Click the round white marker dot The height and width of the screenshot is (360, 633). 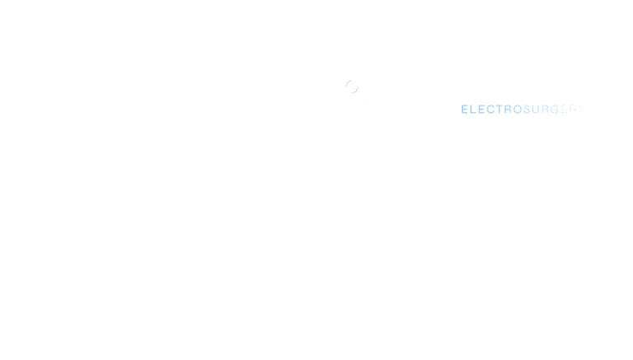[352, 86]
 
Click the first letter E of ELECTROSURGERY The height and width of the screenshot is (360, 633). [465, 109]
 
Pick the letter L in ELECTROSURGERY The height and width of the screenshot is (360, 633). [473, 109]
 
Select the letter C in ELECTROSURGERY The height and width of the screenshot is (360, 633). [490, 109]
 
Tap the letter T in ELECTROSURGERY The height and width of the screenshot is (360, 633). [499, 109]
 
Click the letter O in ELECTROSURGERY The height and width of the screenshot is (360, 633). [518, 109]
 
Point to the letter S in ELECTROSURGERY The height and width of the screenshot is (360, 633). [527, 109]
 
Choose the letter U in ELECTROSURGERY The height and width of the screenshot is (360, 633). [536, 109]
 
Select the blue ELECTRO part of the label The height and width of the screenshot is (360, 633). [491, 109]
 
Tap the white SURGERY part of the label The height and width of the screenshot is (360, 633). [554, 109]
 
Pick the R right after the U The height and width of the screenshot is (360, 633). [545, 109]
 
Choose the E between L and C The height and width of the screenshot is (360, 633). [481, 109]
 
